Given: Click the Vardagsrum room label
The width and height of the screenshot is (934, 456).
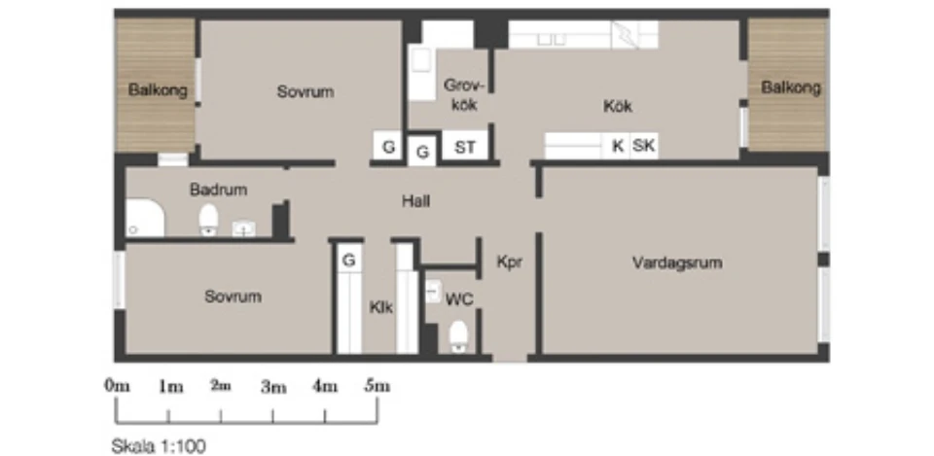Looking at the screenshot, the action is [x=677, y=263].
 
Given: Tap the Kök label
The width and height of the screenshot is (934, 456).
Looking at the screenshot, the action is [x=618, y=106].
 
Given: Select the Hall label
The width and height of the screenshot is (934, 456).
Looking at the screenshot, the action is [x=415, y=201].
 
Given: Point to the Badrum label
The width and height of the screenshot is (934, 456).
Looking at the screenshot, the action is [x=219, y=190].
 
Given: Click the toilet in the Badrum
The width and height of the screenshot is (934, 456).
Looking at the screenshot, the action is [x=208, y=220].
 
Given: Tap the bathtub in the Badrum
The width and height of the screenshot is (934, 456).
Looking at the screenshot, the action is [x=145, y=219].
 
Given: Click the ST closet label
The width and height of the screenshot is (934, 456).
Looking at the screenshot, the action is [x=465, y=147].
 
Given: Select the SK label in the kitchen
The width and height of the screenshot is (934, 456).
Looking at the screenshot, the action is [x=643, y=145].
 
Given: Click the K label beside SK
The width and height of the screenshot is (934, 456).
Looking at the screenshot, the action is [x=619, y=145].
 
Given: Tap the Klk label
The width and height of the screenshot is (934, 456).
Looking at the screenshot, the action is [x=381, y=308].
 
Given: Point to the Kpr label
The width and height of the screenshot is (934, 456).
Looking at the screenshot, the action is [x=510, y=262].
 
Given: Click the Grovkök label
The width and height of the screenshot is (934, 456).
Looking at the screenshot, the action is [x=464, y=95].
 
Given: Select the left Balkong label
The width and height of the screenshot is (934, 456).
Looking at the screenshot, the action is [x=158, y=90].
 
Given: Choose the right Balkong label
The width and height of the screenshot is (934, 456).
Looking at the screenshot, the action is [x=791, y=88].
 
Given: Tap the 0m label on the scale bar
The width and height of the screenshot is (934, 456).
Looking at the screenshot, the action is [x=118, y=386].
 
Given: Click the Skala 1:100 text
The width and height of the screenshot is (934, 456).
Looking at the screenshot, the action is [x=159, y=446].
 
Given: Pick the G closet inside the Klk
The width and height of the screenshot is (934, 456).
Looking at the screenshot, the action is [x=349, y=261].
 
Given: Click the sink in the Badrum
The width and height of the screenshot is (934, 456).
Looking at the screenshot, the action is [x=243, y=228].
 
